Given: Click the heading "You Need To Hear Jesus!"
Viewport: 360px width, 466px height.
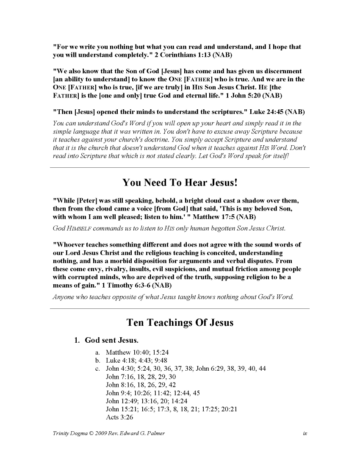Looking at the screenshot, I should (180, 183).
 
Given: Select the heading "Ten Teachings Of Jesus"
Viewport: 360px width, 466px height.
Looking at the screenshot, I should (180, 323).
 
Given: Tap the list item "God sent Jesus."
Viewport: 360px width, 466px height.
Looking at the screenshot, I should (112, 340).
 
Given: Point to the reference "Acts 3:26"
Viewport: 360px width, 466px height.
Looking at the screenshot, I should (119, 417).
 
